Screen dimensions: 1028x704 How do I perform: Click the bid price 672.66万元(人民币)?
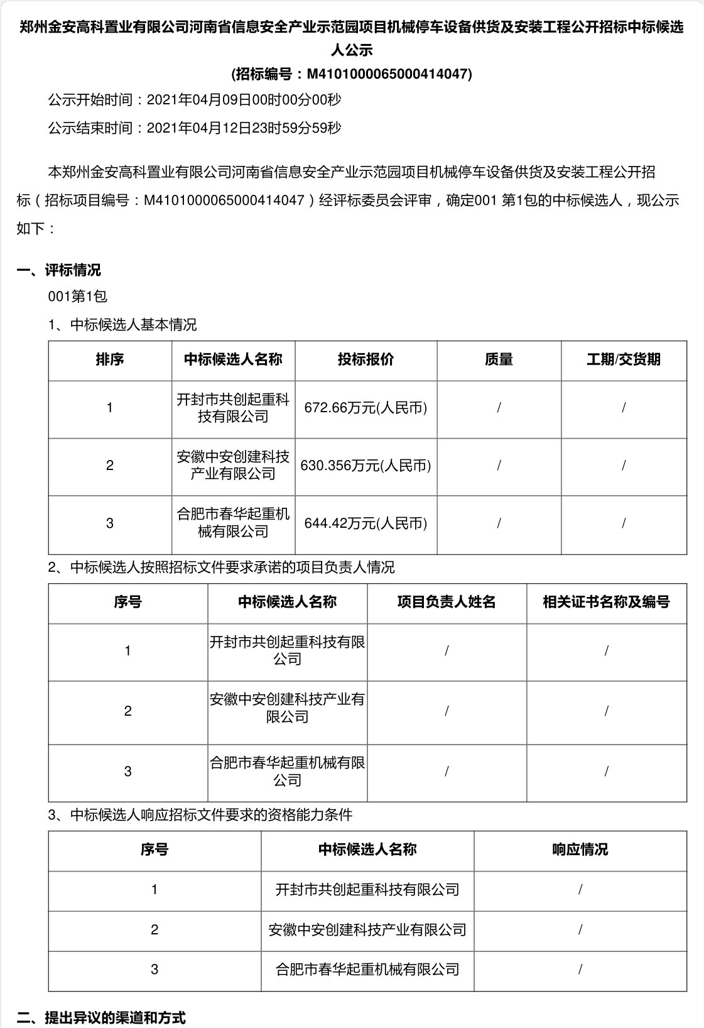[366, 408]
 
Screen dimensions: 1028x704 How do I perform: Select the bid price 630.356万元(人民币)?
[366, 466]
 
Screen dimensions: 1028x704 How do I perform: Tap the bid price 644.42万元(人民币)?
[366, 523]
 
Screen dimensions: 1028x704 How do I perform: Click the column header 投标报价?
[366, 359]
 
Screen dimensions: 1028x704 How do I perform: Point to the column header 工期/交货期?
[623, 359]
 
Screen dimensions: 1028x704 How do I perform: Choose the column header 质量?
[499, 359]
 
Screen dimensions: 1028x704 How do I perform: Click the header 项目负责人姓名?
[447, 602]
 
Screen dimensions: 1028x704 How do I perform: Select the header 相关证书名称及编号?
[606, 602]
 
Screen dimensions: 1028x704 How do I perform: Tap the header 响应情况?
[580, 850]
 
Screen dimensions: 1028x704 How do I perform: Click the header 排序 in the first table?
[110, 359]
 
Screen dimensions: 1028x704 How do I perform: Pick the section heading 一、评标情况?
[58, 271]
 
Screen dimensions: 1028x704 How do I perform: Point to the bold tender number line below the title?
[352, 74]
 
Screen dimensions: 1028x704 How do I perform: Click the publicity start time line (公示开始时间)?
[195, 100]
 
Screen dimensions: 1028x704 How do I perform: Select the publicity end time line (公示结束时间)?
[195, 128]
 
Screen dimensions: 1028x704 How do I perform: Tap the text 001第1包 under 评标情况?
[78, 296]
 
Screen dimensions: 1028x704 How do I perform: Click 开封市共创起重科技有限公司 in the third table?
[367, 890]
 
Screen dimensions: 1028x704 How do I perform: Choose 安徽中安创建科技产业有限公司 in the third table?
[367, 930]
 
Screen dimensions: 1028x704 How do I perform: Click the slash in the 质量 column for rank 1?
[499, 408]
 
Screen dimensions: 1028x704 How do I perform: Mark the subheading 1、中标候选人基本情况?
[122, 325]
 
